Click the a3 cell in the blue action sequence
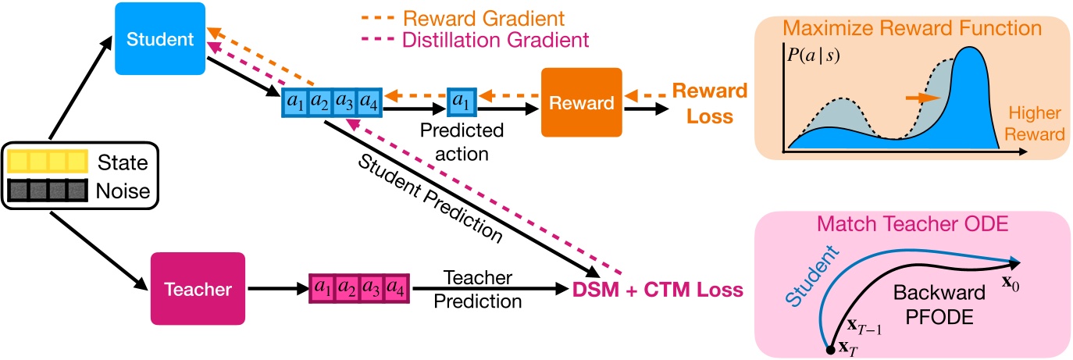tap(343, 103)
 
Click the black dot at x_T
tap(830, 351)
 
